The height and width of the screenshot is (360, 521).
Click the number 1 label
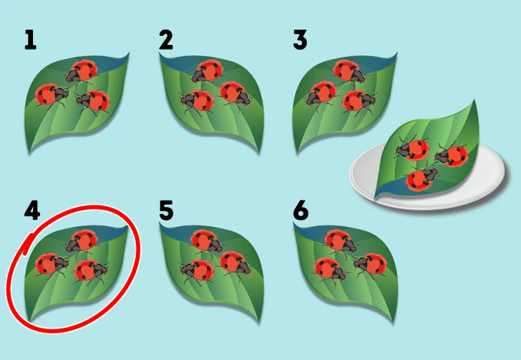tap(30, 40)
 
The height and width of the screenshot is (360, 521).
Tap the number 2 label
tap(166, 40)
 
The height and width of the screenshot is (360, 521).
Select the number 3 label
tap(300, 40)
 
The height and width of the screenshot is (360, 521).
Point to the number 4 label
tap(32, 210)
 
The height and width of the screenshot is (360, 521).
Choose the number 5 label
tap(166, 210)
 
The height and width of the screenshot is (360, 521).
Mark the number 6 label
tap(301, 210)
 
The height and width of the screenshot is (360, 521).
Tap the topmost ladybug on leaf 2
tap(207, 72)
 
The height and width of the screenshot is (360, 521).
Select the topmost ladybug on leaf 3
tap(349, 72)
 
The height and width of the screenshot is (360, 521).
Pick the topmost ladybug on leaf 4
tap(82, 242)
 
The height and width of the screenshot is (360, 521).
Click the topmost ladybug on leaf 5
tap(207, 242)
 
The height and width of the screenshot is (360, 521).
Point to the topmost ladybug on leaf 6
tap(341, 242)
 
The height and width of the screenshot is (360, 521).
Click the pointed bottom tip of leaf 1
tap(30, 152)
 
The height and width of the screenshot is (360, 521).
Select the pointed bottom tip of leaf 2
tap(259, 152)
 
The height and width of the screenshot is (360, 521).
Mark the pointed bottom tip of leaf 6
tap(394, 321)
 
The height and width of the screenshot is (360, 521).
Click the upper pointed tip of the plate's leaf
tap(474, 101)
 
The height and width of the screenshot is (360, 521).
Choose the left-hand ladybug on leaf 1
tap(52, 95)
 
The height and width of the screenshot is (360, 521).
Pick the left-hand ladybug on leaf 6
tap(331, 268)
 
